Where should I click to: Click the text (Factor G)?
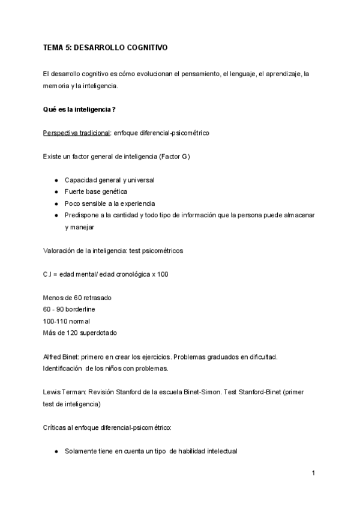click(176, 156)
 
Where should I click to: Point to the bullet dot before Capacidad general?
click(56, 180)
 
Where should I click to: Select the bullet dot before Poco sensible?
click(56, 203)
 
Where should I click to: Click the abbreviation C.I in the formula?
click(48, 274)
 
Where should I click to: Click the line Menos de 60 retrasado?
click(77, 298)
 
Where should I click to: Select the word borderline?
click(82, 309)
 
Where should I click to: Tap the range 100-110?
click(55, 321)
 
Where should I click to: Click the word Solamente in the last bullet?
click(82, 450)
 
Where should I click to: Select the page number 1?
click(313, 474)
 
